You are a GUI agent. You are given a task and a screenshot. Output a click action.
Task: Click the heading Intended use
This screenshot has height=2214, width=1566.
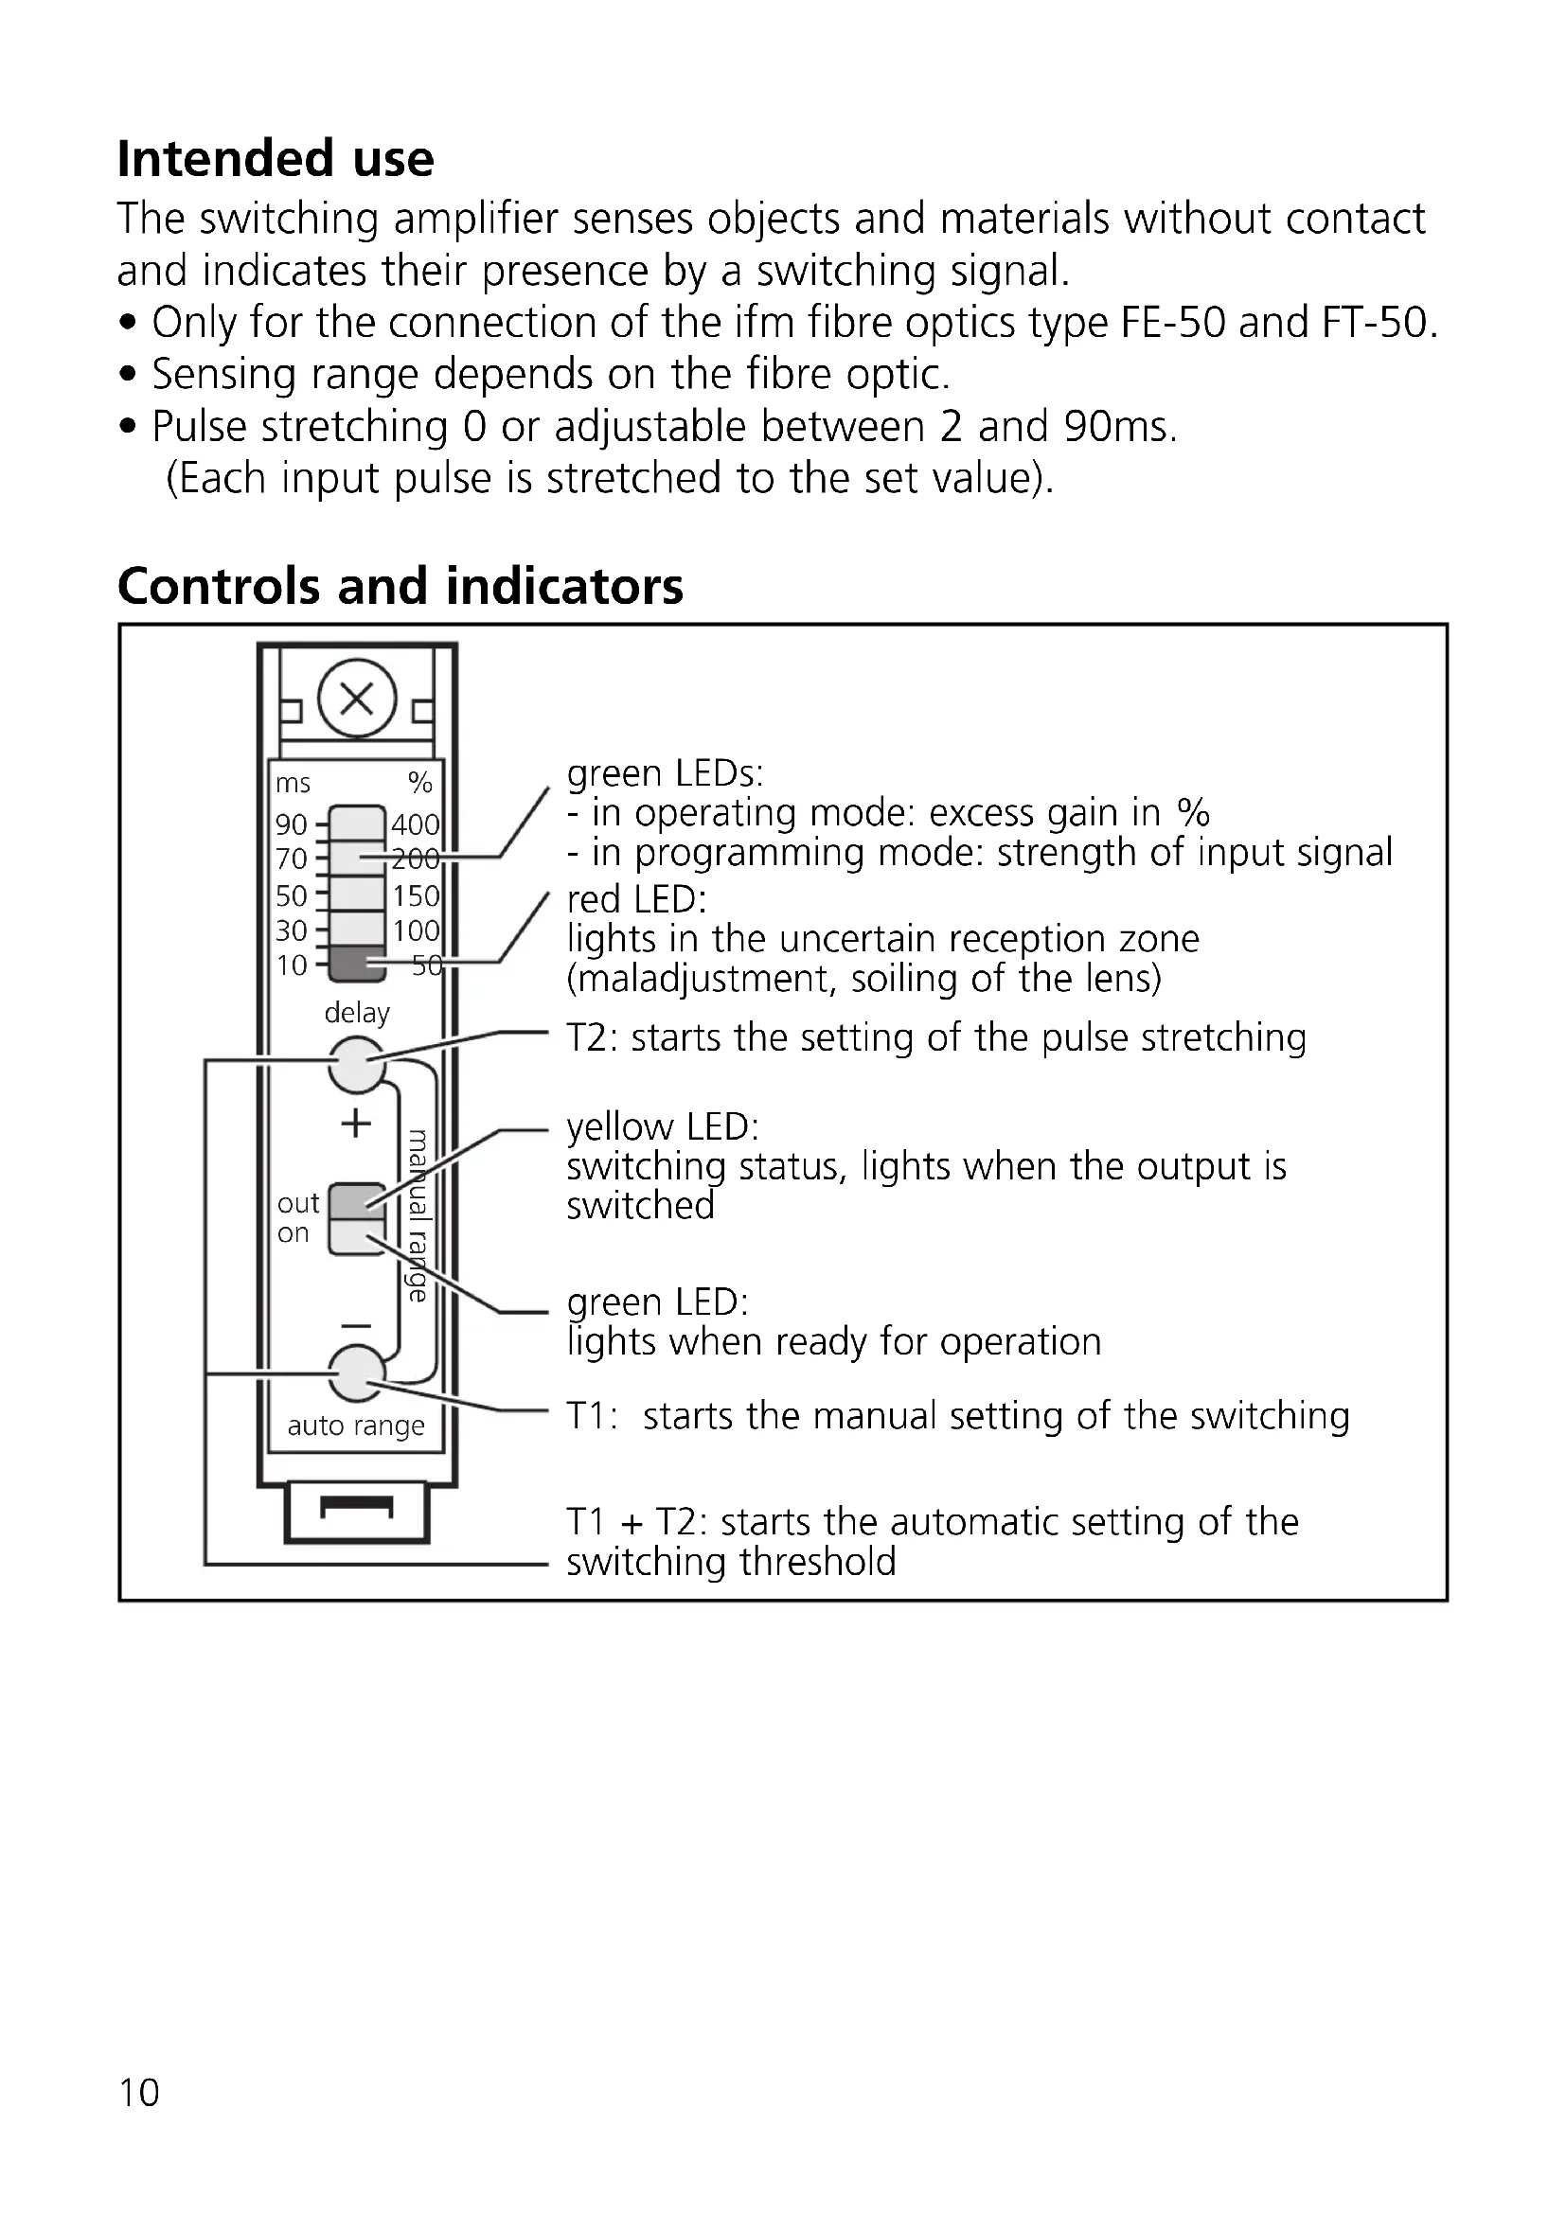point(276,159)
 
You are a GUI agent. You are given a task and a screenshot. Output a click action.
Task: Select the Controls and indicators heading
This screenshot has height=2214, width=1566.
point(400,586)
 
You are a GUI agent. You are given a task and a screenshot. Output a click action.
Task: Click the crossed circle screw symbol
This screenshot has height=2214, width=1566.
point(357,699)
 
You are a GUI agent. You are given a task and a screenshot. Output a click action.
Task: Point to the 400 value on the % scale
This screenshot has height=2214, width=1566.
point(415,824)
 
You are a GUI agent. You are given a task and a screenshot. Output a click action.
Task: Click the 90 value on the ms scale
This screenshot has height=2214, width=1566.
point(292,824)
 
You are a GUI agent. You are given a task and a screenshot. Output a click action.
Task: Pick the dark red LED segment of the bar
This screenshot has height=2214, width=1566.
point(357,964)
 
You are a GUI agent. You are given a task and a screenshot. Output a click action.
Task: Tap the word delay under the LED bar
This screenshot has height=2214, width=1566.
point(357,1013)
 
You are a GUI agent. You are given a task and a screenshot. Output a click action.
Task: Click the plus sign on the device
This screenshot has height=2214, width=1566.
point(357,1124)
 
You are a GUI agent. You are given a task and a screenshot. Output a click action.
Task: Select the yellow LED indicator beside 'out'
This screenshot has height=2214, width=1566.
point(357,1201)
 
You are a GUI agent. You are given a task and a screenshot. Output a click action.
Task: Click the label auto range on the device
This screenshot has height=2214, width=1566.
point(356,1426)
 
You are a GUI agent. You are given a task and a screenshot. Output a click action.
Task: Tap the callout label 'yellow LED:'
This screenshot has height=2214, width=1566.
point(663,1126)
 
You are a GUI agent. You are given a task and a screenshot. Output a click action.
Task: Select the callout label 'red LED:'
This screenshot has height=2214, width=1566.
point(636,899)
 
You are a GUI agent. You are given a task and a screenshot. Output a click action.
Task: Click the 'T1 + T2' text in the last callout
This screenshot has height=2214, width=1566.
point(636,1522)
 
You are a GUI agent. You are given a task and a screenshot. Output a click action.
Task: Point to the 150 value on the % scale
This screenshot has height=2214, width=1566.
point(416,895)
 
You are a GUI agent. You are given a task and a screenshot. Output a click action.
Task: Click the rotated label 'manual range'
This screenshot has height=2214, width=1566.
point(418,1215)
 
